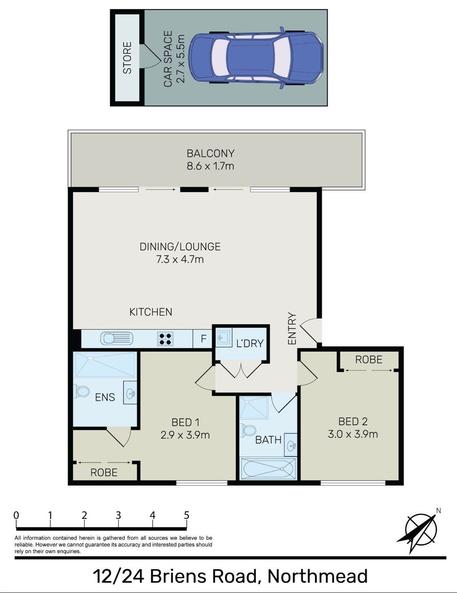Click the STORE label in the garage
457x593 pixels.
[127, 58]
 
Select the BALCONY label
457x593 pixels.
[210, 153]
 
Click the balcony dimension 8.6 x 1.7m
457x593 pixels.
[210, 166]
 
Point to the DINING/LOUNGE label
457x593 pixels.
[180, 247]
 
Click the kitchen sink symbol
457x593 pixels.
[117, 339]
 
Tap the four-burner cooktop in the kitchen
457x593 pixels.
[165, 339]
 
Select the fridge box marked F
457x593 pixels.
[203, 339]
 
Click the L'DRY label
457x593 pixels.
[250, 343]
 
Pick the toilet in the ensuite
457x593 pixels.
[82, 392]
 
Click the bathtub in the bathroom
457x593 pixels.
[268, 468]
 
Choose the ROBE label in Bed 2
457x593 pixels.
[369, 360]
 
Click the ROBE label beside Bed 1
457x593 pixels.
[104, 473]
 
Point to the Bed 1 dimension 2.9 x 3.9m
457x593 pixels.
[185, 435]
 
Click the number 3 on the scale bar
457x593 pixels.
[118, 515]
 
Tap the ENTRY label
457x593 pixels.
[292, 328]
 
